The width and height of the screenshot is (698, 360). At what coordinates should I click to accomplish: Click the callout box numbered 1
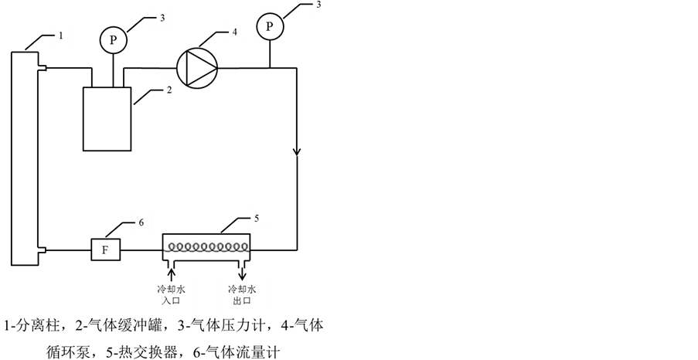[x=61, y=36]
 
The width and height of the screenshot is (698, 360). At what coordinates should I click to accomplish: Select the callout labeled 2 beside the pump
[x=169, y=90]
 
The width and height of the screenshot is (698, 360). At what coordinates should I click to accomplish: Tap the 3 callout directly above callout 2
[x=162, y=17]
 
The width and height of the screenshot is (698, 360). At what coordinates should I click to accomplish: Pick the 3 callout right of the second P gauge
[x=317, y=5]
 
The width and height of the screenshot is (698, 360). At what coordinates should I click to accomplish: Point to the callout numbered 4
[x=235, y=32]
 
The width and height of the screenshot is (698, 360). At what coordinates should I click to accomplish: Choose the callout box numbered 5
[x=257, y=218]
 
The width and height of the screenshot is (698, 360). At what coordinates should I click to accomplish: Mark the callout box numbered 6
[x=141, y=222]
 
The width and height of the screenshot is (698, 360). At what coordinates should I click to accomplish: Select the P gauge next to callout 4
[x=269, y=27]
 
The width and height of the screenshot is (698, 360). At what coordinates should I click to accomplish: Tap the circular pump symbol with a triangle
[x=197, y=68]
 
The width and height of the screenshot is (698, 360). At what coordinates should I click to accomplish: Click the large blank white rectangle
[x=107, y=119]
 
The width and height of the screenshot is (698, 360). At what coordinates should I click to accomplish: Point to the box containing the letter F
[x=106, y=250]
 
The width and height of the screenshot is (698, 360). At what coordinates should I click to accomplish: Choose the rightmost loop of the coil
[x=243, y=247]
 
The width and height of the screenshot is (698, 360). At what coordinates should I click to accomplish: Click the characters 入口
[x=171, y=301]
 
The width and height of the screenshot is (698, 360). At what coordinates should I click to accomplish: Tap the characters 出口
[x=242, y=301]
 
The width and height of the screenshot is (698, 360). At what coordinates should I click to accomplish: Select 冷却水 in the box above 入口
[x=171, y=290]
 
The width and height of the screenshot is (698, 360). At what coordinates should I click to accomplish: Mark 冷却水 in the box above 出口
[x=242, y=290]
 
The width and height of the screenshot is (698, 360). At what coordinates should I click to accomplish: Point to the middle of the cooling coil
[x=206, y=246]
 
